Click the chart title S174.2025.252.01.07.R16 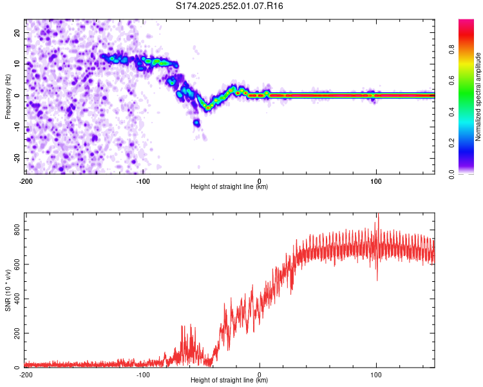click(x=230, y=6)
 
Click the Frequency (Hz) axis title click(x=8, y=95)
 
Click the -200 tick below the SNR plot click(x=26, y=375)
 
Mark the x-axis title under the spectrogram click(x=229, y=187)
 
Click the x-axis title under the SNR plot click(x=229, y=381)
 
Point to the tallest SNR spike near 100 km click(x=379, y=217)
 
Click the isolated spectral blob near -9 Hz click(x=196, y=122)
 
